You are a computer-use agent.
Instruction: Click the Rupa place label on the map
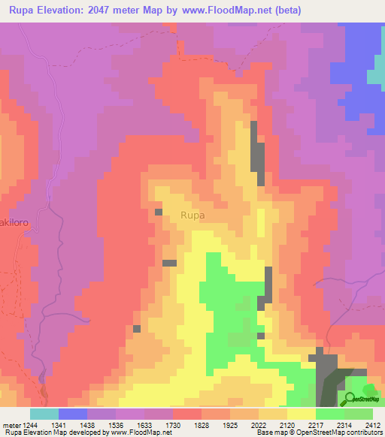[192, 215]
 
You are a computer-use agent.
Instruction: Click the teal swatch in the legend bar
[44, 414]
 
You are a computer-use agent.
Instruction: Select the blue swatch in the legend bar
[73, 414]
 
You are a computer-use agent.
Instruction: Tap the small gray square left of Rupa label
[159, 212]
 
